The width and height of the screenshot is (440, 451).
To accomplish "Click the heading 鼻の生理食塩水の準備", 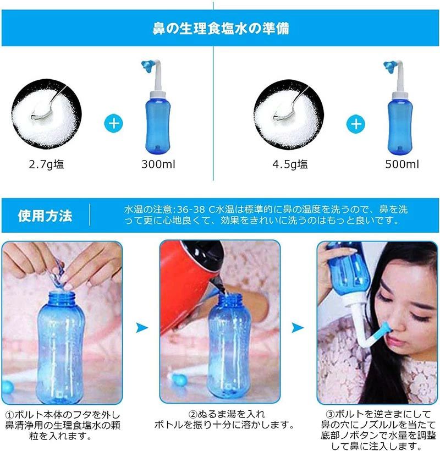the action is click(x=221, y=29).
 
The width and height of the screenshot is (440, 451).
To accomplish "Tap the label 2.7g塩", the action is click(x=46, y=164).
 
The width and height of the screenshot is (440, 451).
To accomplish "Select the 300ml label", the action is click(x=158, y=164).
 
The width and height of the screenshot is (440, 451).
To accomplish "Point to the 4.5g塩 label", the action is click(x=290, y=164).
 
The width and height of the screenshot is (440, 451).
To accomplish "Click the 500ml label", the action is click(x=402, y=164).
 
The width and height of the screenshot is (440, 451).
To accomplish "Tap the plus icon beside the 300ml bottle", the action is click(x=114, y=124).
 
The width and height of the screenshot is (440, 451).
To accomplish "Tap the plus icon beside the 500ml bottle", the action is click(x=356, y=124).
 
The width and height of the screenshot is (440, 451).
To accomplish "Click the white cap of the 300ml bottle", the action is click(x=158, y=95).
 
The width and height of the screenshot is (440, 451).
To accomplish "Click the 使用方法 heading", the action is click(x=45, y=216).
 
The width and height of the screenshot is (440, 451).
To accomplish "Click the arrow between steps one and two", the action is click(x=142, y=327).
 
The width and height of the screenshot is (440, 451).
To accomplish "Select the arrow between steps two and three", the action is click(x=298, y=327).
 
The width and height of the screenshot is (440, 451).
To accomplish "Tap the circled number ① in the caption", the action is click(x=10, y=415).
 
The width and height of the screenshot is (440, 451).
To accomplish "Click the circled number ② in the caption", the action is click(x=193, y=415).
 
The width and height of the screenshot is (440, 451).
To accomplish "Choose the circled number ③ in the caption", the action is click(x=330, y=415).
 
